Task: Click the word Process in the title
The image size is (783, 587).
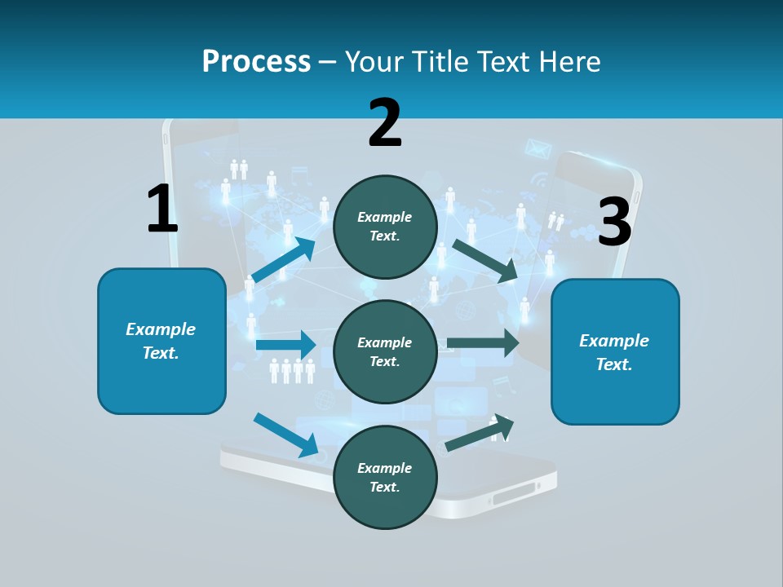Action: coord(256,61)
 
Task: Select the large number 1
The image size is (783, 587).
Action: coord(162,209)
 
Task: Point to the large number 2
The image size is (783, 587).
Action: coord(385,123)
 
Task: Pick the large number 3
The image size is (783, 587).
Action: coord(615,223)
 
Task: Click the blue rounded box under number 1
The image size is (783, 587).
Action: coord(161,341)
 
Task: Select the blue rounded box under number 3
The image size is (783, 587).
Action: coord(615,351)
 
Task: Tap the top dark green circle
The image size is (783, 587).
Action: coord(385,226)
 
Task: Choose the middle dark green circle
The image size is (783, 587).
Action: coord(385,351)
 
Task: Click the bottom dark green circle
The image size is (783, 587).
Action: coord(385,477)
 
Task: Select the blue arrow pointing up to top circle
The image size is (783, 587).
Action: coord(284,260)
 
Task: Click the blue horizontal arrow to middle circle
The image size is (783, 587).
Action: coord(285,345)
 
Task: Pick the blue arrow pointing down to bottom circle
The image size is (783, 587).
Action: coord(286,435)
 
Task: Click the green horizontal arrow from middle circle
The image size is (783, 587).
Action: coord(483,343)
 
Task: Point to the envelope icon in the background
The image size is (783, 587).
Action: coord(538,148)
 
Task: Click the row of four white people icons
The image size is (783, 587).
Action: coord(292,371)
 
